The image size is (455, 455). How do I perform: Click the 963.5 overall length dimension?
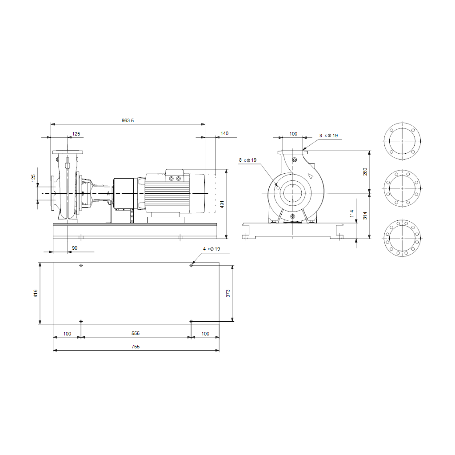(128, 120)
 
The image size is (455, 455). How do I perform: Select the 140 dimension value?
(224, 133)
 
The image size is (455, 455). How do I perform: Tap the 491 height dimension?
(222, 204)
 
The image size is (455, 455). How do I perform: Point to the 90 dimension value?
(75, 248)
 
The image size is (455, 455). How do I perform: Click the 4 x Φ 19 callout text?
(212, 249)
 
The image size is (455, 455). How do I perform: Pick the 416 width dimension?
(36, 293)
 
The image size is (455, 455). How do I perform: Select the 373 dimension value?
(228, 293)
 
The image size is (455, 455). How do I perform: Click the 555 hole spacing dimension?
(136, 333)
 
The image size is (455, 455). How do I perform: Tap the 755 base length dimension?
(136, 347)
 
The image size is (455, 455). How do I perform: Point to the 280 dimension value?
(365, 172)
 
